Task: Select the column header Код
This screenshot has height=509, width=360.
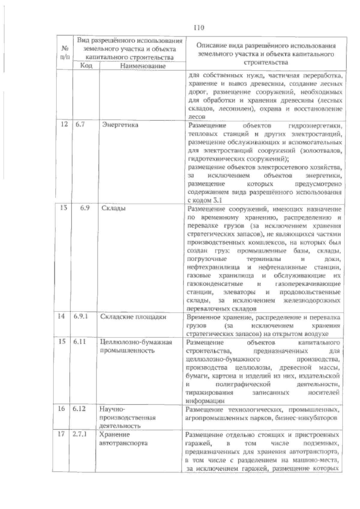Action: pos(86,65)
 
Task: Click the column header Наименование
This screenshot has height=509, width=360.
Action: pos(143,66)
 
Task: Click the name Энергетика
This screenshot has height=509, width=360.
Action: pos(120,125)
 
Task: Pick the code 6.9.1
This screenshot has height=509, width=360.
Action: pos(80,317)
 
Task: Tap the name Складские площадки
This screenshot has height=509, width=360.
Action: pos(133,317)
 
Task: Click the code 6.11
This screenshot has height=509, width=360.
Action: pos(80,342)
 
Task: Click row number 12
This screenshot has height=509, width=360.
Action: pos(64,125)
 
